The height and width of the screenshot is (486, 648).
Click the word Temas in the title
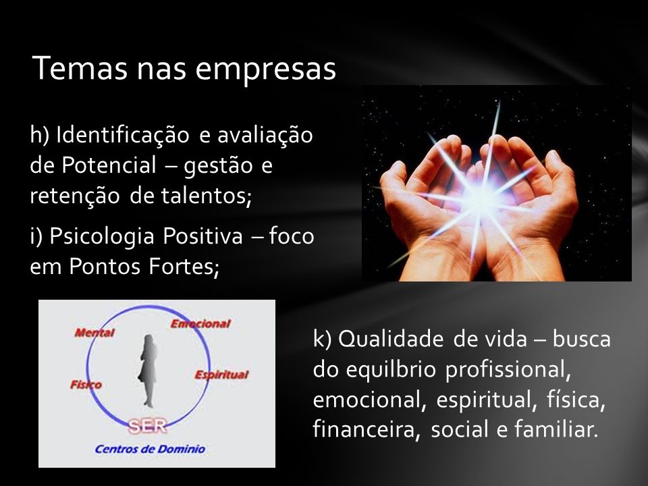(x=80, y=68)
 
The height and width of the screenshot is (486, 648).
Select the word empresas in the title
(x=265, y=70)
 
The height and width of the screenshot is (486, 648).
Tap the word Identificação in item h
(x=122, y=135)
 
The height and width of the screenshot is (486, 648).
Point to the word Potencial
(x=109, y=165)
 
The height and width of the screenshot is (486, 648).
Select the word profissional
(x=508, y=370)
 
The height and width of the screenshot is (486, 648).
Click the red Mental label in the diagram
(x=94, y=333)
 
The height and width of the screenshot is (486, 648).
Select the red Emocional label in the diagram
(x=200, y=323)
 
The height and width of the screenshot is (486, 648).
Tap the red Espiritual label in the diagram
(x=221, y=375)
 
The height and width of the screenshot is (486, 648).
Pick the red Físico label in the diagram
(x=86, y=385)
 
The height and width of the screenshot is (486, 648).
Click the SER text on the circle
(x=147, y=426)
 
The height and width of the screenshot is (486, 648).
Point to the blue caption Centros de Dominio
(x=150, y=449)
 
